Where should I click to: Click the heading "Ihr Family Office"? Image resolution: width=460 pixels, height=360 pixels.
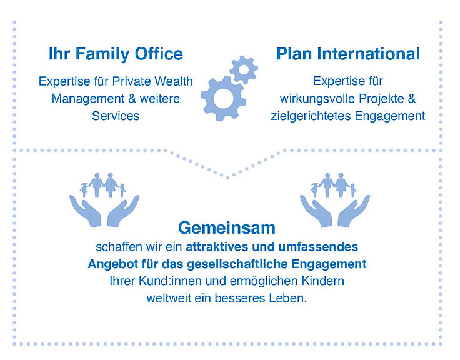[x=116, y=54]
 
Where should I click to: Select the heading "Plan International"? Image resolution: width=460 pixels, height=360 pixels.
[x=348, y=54]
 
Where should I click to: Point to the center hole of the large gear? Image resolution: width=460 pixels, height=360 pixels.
[x=224, y=98]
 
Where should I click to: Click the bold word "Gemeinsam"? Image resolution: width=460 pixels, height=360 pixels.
[x=227, y=228]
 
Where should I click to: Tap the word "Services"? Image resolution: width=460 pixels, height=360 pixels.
[x=116, y=116]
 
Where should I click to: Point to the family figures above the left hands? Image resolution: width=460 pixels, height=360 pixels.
[x=103, y=185]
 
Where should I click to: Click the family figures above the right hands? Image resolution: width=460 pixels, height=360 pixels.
[x=334, y=185]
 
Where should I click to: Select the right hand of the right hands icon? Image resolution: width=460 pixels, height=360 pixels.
[x=353, y=211]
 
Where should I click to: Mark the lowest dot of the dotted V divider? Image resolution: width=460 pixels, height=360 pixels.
[x=227, y=177]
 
